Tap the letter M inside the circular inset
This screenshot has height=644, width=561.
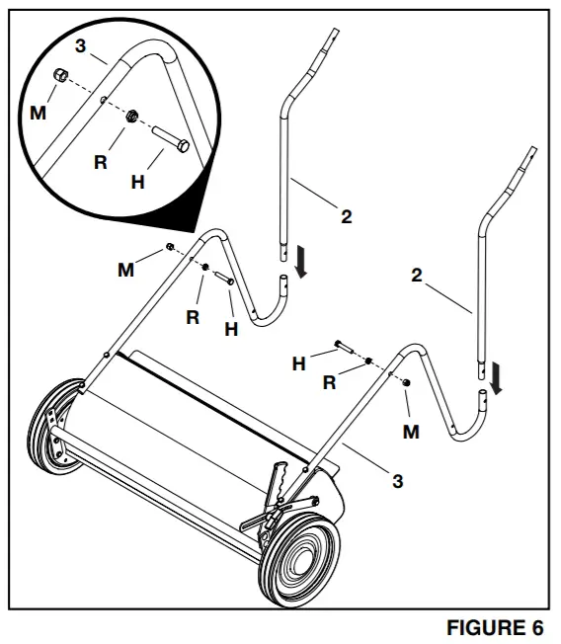click(x=38, y=113)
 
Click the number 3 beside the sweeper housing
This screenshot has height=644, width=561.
click(x=397, y=481)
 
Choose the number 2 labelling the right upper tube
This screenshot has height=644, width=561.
click(x=417, y=276)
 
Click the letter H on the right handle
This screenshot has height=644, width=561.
click(x=298, y=364)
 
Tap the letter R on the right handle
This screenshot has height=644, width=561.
click(x=330, y=382)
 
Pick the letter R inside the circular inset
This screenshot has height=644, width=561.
click(x=100, y=161)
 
